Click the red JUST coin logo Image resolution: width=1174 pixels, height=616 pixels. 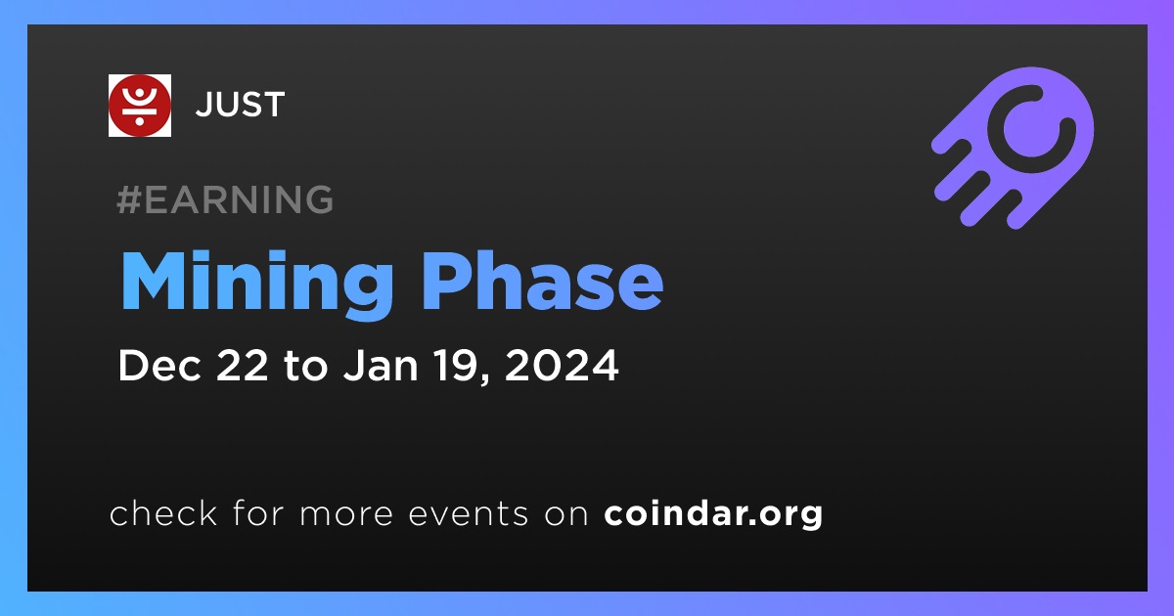pyautogui.click(x=139, y=106)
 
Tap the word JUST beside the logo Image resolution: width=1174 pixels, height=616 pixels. pyautogui.click(x=240, y=105)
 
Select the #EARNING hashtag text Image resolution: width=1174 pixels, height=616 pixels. pyautogui.click(x=225, y=199)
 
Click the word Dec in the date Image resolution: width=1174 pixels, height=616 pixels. pyautogui.click(x=159, y=365)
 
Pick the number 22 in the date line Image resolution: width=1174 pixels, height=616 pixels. pyautogui.click(x=242, y=365)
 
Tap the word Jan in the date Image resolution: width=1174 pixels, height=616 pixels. pyautogui.click(x=381, y=365)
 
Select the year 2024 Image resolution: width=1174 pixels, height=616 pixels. pyautogui.click(x=562, y=365)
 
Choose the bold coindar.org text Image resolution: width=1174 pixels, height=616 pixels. pyautogui.click(x=713, y=514)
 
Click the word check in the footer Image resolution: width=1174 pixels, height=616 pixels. pyautogui.click(x=163, y=512)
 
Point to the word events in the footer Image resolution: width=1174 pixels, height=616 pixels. pyautogui.click(x=469, y=513)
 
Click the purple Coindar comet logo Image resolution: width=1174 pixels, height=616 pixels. pyautogui.click(x=1013, y=148)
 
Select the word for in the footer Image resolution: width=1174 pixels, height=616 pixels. pyautogui.click(x=258, y=512)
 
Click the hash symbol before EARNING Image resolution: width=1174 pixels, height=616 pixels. pyautogui.click(x=128, y=199)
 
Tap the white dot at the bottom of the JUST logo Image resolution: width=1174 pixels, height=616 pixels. pyautogui.click(x=139, y=121)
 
